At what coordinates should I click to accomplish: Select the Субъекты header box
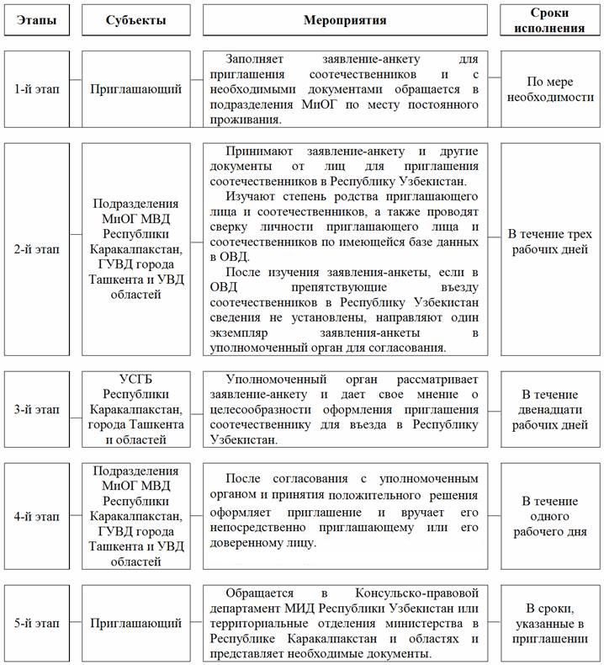135,20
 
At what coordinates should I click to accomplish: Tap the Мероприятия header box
345,20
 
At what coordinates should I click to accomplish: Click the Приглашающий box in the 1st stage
135,89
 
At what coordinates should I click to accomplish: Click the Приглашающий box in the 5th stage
135,624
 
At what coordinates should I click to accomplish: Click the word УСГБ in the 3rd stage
135,379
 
